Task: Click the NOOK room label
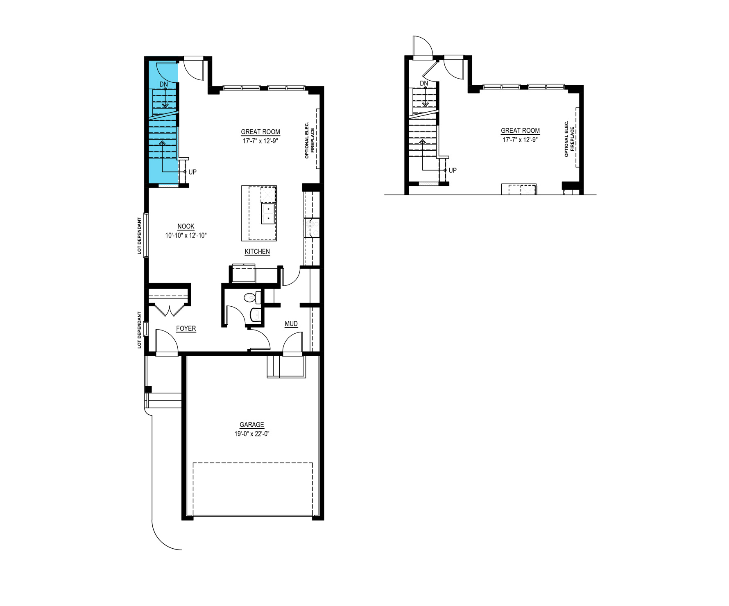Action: (186, 226)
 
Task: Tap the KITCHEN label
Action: (257, 251)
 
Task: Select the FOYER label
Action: (186, 328)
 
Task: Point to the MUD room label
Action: (291, 324)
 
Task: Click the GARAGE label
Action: (252, 425)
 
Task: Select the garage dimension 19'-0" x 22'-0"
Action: (252, 434)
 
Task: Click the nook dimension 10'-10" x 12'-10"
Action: (186, 236)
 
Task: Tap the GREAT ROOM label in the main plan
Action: (260, 132)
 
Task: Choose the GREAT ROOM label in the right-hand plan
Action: (520, 131)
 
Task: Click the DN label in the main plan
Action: (164, 84)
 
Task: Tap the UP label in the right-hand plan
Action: (453, 170)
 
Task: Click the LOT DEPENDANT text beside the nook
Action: (140, 236)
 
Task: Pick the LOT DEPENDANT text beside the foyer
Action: (140, 330)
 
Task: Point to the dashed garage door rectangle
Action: (253, 489)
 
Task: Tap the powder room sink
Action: (255, 315)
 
